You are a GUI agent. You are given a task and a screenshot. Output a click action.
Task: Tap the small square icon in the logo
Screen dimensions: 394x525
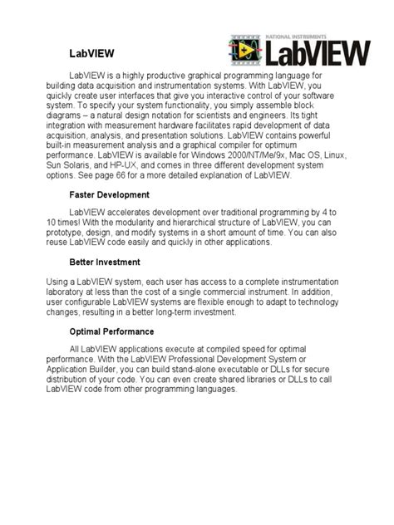tap(247, 52)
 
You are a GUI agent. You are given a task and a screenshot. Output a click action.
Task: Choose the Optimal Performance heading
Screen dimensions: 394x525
tap(114, 331)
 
